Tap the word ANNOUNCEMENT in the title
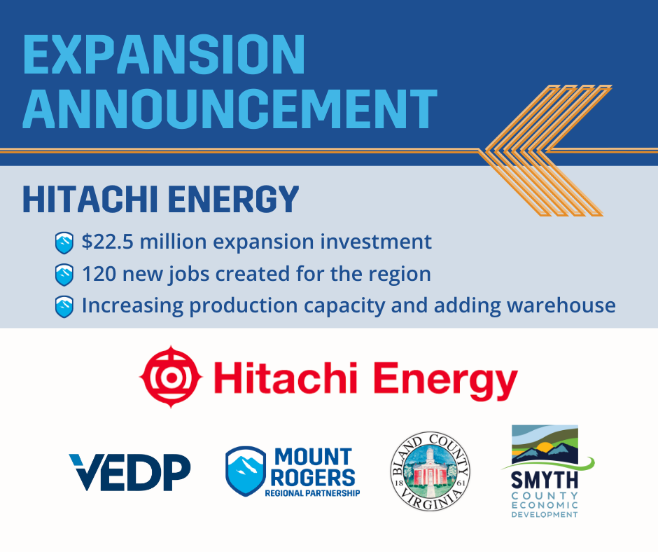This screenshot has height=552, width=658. coord(229,109)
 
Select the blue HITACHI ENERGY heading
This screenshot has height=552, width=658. coord(161,200)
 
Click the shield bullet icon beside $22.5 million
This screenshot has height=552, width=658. coord(64,243)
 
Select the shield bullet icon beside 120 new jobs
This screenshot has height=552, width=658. coord(64,275)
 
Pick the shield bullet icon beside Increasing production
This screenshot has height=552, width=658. coord(64,306)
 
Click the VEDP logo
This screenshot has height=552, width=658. coord(129,472)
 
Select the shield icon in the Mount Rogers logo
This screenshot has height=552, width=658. coord(245,471)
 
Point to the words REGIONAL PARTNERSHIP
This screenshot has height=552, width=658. coord(312,493)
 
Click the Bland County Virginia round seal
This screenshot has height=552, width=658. coord(429,471)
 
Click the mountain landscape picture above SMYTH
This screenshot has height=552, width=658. coord(545,446)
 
